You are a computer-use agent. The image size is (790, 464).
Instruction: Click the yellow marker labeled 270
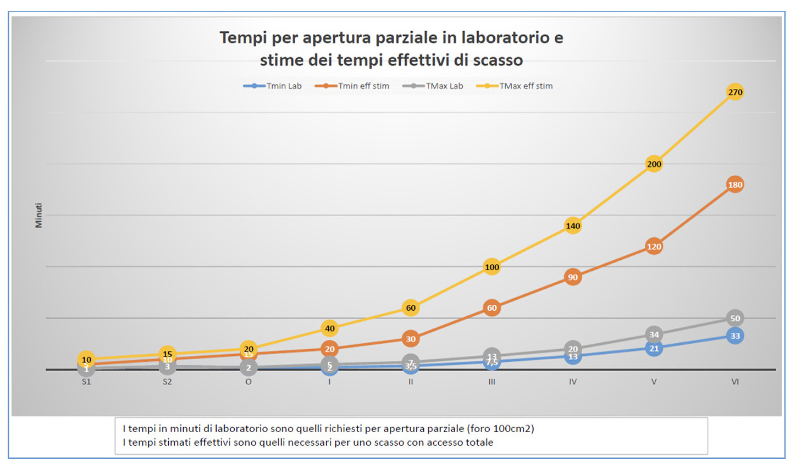click(x=735, y=92)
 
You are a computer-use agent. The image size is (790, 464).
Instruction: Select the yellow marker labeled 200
click(x=654, y=164)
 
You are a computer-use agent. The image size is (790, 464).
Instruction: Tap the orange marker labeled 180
click(x=735, y=185)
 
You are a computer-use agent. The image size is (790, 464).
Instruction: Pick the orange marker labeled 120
click(x=654, y=247)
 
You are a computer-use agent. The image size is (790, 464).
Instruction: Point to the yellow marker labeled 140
click(x=573, y=226)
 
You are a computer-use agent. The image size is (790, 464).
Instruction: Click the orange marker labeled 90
click(x=573, y=277)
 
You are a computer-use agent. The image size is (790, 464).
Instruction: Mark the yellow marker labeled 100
click(x=491, y=267)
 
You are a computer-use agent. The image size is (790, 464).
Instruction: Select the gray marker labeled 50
click(x=735, y=318)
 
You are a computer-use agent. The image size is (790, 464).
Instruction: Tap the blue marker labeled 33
click(x=735, y=336)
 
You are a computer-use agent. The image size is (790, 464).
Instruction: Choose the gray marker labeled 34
click(x=654, y=334)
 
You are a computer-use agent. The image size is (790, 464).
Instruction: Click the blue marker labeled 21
click(x=654, y=349)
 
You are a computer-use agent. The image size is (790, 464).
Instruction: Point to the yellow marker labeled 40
click(x=329, y=328)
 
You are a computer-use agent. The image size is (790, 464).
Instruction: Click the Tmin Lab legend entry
click(x=273, y=86)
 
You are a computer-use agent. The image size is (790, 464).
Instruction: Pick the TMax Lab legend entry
click(x=433, y=86)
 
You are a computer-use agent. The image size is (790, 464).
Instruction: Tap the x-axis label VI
click(x=735, y=382)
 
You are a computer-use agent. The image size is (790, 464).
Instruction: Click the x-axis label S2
click(x=167, y=382)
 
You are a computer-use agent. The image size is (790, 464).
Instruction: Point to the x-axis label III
click(x=491, y=382)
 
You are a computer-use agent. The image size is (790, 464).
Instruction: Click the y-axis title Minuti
click(x=38, y=215)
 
